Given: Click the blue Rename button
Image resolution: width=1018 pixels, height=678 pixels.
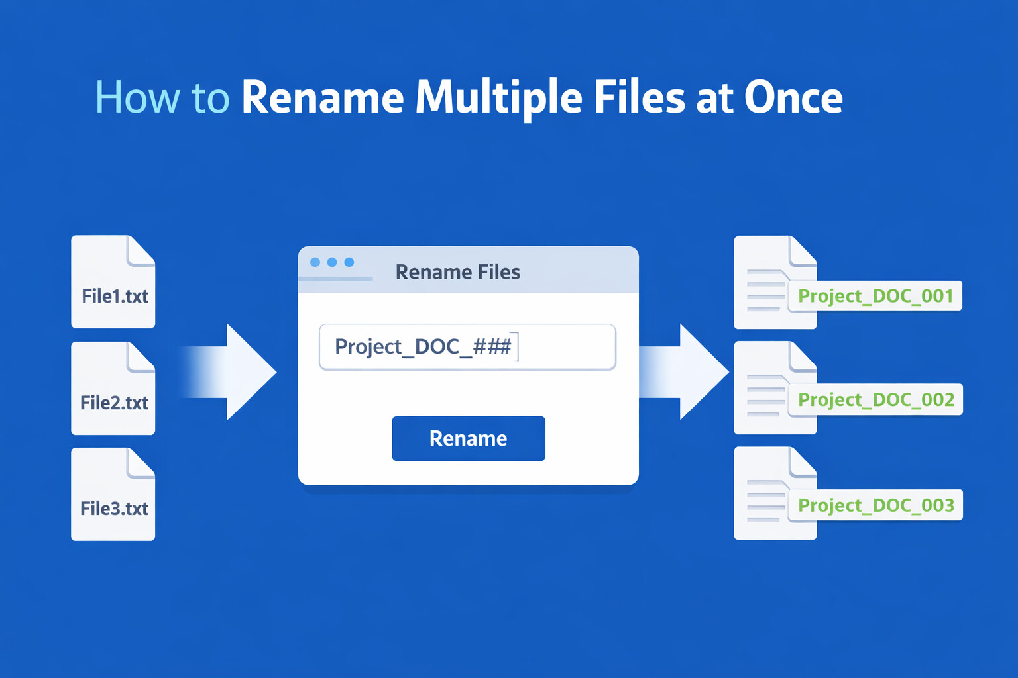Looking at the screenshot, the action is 469,439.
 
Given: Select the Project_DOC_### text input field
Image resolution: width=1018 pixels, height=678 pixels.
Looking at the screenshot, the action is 468,347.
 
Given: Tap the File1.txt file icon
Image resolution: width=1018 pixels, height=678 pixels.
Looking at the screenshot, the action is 113,281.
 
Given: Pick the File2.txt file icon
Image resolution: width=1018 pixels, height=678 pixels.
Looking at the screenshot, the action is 113,388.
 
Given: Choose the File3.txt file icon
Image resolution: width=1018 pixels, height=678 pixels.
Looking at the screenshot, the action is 113,494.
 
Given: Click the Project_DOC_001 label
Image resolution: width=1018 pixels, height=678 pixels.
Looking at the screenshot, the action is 876,296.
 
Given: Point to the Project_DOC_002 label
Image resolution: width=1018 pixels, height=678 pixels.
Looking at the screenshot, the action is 876,400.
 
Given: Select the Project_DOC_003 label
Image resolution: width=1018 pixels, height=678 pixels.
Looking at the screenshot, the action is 876,505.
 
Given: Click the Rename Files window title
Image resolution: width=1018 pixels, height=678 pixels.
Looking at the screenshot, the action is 458,272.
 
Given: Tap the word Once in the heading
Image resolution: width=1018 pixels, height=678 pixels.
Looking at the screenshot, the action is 793,97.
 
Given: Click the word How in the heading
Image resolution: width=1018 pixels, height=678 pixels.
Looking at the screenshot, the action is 138,97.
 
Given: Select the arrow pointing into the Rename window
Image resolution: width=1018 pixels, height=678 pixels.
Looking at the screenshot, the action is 229,372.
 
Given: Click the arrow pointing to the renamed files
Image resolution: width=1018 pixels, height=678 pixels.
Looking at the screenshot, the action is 684,372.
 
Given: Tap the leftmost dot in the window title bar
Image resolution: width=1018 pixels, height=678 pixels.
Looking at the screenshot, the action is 315,262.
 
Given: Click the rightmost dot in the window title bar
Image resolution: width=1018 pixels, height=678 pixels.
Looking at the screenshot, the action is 349,262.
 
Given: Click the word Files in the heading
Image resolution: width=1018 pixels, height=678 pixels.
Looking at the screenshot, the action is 639,97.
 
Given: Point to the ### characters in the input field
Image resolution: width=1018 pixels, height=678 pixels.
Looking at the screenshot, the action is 492,346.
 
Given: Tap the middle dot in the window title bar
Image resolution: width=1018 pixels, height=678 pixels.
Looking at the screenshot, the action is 332,262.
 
